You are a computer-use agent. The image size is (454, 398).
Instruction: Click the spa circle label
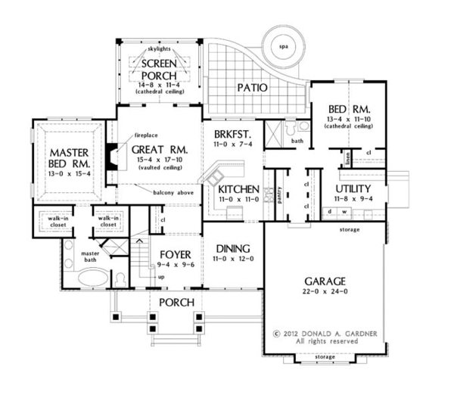click(284, 47)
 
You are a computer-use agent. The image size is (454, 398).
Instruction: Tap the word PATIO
click(252, 88)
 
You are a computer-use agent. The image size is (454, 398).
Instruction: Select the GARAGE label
click(325, 281)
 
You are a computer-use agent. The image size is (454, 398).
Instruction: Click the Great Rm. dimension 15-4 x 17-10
click(160, 160)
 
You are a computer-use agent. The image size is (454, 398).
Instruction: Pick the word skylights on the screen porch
click(159, 49)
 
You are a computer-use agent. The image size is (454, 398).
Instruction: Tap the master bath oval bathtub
click(93, 278)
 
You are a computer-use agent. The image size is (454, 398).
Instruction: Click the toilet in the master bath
click(120, 280)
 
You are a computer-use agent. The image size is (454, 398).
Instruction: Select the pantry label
click(279, 195)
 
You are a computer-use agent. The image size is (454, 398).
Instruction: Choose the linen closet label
click(347, 158)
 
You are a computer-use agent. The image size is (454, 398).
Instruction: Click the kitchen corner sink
click(215, 178)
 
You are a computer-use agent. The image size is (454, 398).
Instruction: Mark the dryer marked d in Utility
click(329, 212)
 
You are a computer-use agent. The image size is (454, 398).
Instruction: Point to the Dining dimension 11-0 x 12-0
click(233, 259)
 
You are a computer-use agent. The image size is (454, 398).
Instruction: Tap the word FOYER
click(176, 254)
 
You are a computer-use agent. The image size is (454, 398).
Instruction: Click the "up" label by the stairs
click(161, 277)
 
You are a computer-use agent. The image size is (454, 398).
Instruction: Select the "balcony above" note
click(173, 193)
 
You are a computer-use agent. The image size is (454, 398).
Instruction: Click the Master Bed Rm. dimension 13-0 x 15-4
click(70, 174)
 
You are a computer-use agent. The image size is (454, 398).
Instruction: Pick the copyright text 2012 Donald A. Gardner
click(325, 334)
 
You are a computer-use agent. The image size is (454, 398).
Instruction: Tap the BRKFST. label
click(233, 135)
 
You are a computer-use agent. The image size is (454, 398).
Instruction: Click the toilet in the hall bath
click(290, 128)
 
